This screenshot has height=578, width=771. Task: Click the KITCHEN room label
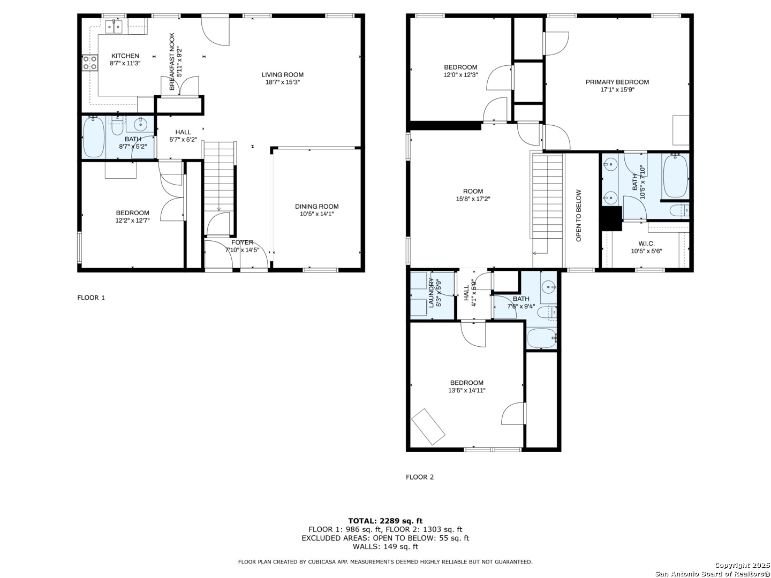click(125, 56)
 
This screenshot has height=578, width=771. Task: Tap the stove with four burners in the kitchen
click(90, 63)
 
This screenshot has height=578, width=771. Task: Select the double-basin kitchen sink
click(114, 27)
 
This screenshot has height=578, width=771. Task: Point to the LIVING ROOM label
click(282, 75)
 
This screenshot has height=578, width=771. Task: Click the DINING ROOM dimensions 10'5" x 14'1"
click(316, 214)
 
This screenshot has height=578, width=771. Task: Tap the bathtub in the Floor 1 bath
click(94, 137)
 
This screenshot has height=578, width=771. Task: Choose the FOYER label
click(242, 242)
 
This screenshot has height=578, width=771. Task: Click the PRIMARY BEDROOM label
click(617, 82)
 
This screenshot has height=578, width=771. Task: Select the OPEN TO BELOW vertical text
click(578, 216)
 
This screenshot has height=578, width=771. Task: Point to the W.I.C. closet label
click(646, 244)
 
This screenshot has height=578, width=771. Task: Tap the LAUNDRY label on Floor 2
click(431, 292)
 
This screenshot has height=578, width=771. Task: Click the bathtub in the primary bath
click(675, 176)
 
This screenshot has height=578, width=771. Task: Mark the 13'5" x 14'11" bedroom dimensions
click(467, 390)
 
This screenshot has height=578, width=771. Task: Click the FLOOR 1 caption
click(91, 298)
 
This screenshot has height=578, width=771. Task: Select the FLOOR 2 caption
click(420, 477)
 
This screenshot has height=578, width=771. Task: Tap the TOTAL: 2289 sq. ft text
click(385, 521)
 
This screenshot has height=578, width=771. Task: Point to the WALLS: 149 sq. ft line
click(385, 546)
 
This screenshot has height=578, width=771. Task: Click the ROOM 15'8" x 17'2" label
click(473, 195)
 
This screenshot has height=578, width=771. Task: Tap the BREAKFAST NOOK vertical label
click(172, 62)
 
